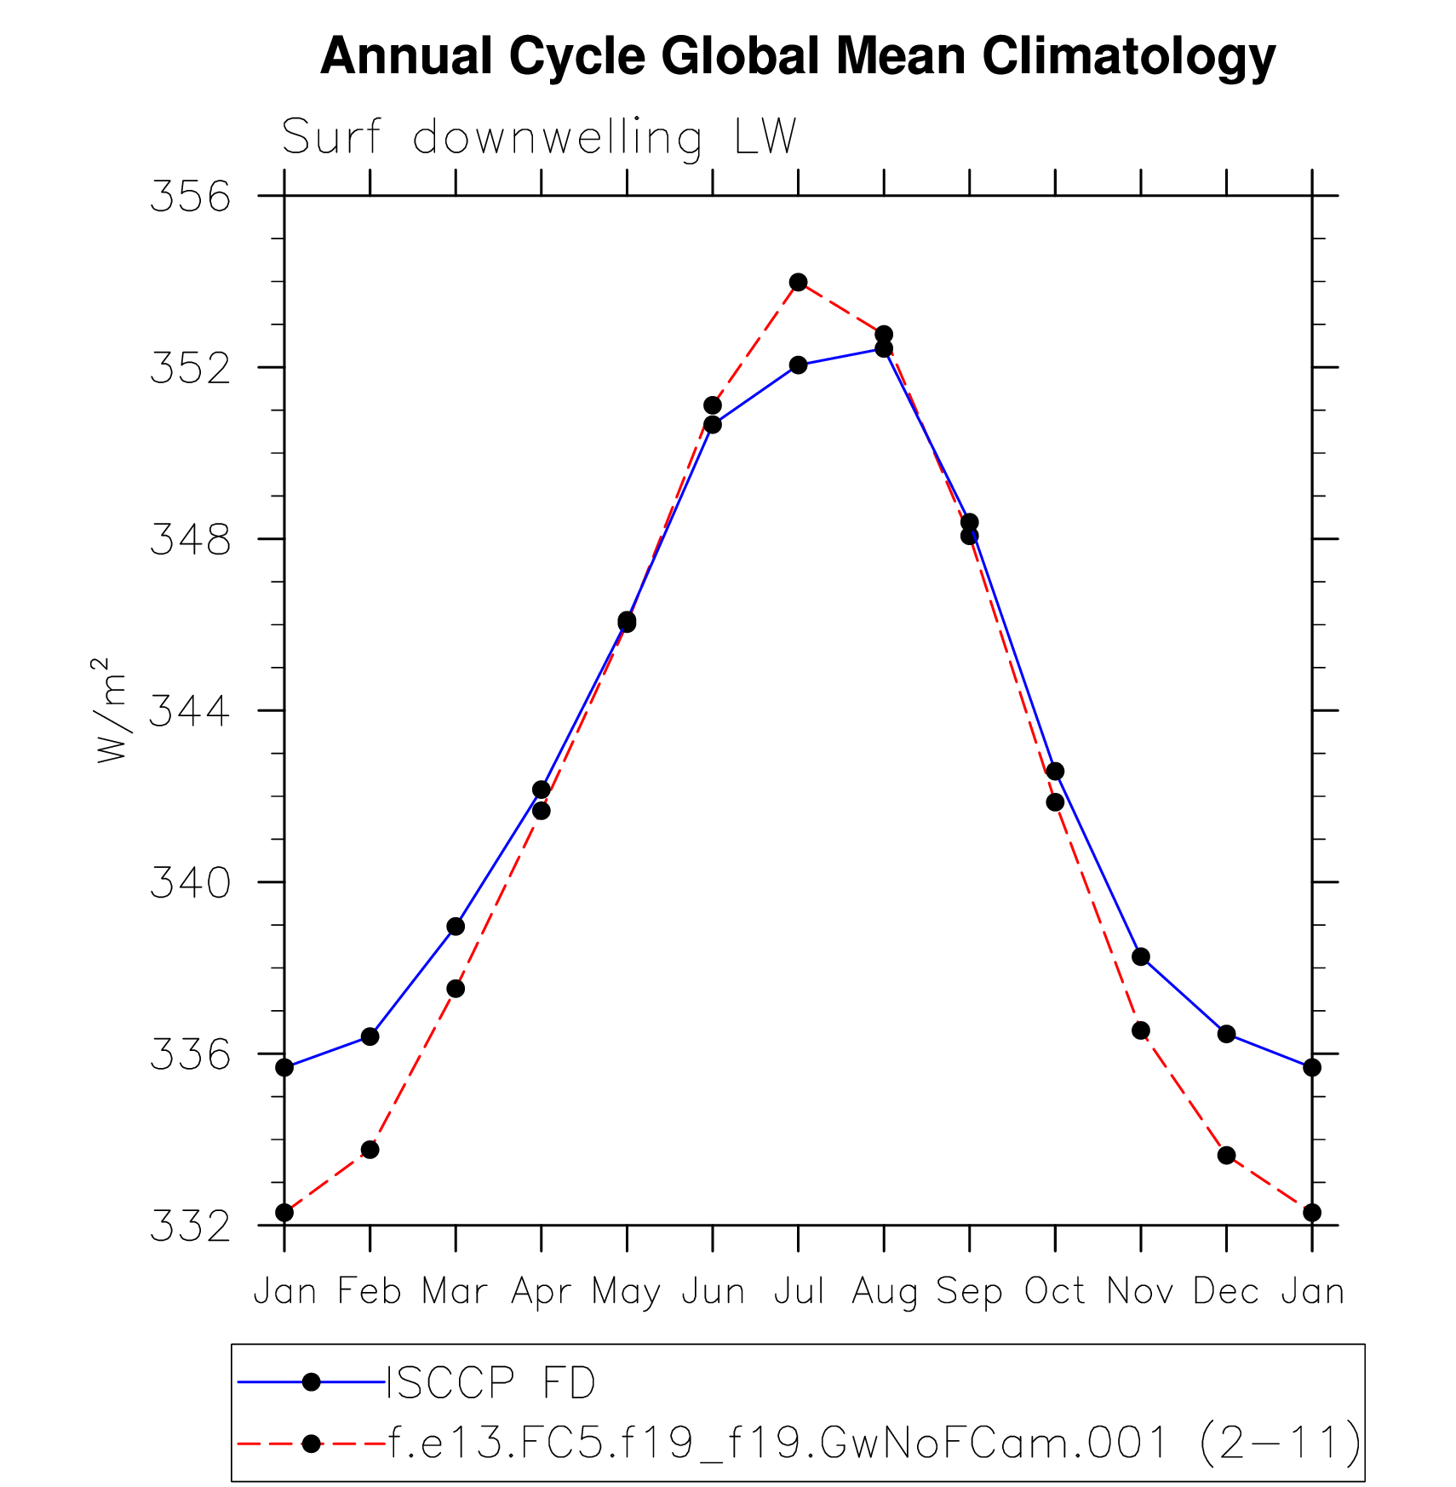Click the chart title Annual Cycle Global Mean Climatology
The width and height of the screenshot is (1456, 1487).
click(x=798, y=56)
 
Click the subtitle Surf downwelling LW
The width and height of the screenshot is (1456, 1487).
click(x=538, y=136)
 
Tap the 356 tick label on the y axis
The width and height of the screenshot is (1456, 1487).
click(x=190, y=197)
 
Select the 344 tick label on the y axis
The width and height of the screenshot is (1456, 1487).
click(x=190, y=711)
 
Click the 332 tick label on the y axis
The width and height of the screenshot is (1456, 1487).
click(x=190, y=1226)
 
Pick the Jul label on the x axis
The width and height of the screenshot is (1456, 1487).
click(x=798, y=1292)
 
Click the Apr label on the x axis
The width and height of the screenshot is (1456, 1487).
click(x=541, y=1292)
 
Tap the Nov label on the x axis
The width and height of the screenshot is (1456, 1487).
click(x=1140, y=1292)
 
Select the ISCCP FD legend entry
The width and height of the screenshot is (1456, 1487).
click(x=491, y=1382)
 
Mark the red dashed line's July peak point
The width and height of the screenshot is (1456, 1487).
click(x=798, y=282)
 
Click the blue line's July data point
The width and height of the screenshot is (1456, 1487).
click(x=798, y=365)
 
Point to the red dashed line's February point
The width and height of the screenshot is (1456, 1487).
click(x=370, y=1150)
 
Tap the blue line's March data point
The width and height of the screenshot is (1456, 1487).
click(x=456, y=926)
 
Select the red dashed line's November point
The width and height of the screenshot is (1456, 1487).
click(x=1141, y=1031)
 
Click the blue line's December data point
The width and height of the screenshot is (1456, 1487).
click(x=1226, y=1034)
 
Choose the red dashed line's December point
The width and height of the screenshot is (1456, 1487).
click(x=1226, y=1155)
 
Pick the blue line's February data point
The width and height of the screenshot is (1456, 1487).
click(x=370, y=1036)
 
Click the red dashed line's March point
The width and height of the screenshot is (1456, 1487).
click(x=456, y=989)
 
